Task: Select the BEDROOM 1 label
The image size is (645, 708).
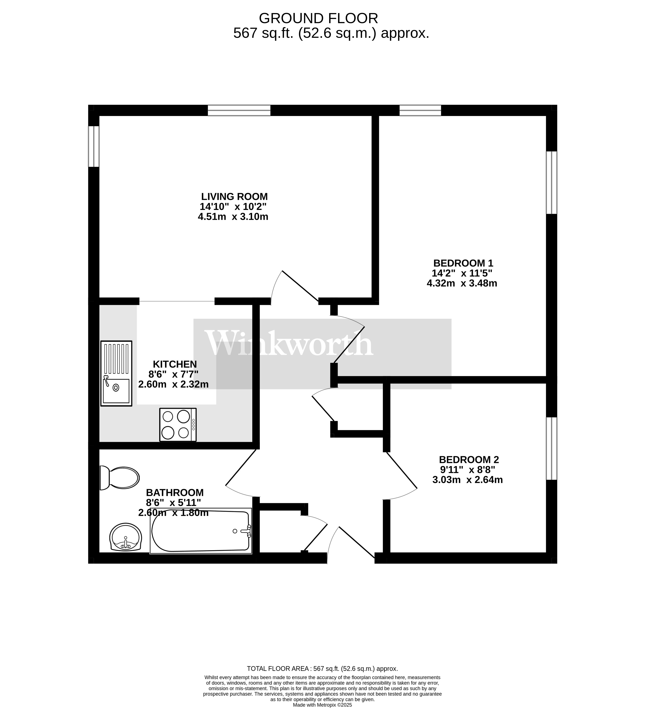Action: tap(463, 263)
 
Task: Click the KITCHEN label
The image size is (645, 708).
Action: tap(175, 364)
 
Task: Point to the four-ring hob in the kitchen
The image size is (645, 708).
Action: tap(178, 425)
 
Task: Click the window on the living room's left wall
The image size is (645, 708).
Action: tap(94, 146)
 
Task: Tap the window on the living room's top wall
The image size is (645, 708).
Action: tap(239, 110)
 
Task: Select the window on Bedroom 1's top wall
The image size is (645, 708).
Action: tap(420, 110)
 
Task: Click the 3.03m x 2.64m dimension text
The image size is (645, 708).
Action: tap(468, 480)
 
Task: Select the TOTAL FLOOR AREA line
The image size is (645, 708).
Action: tap(322, 669)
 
